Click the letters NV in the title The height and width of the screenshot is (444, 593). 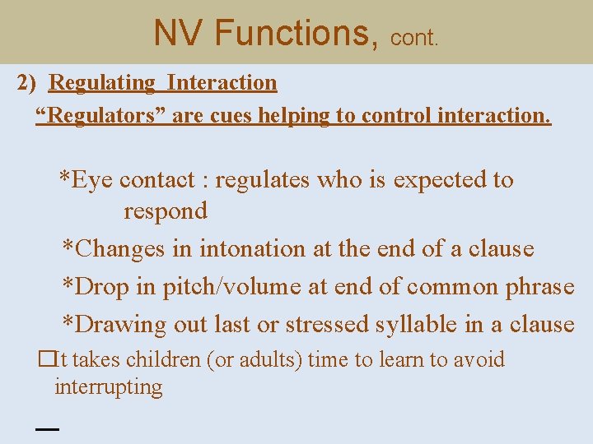[178, 33]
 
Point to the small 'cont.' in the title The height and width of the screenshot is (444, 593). [415, 38]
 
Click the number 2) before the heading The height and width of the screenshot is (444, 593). [30, 83]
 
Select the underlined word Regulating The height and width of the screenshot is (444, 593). [102, 83]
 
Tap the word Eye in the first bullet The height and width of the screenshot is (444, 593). [92, 180]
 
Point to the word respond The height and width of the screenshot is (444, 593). [166, 211]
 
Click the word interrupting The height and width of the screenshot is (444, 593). [109, 387]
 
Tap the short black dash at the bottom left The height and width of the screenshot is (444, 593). [48, 428]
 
